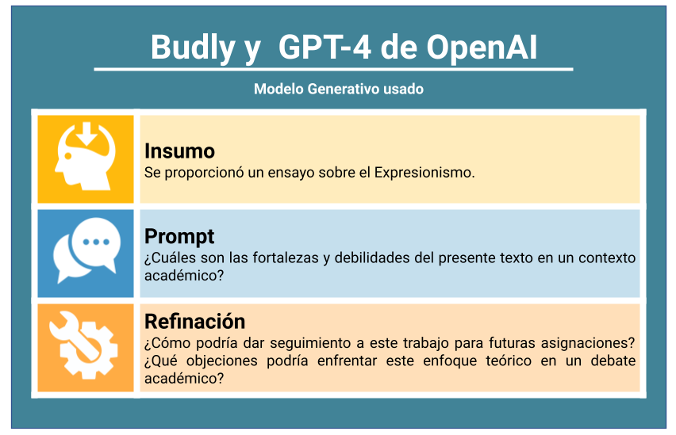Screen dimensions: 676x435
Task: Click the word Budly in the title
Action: coord(192,48)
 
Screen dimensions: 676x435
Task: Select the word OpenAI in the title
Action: coord(482,48)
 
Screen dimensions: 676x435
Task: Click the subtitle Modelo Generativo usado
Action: coord(339,89)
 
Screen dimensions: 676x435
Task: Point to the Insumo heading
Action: coord(179,151)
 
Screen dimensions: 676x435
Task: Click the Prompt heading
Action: coord(179,237)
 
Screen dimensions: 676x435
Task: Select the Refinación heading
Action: coord(195,321)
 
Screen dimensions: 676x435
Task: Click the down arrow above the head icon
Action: coord(86,135)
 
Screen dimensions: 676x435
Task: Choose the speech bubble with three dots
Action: coord(96,243)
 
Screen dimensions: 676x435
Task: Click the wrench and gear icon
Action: coord(83,345)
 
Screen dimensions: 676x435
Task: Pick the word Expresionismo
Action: coord(424,173)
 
